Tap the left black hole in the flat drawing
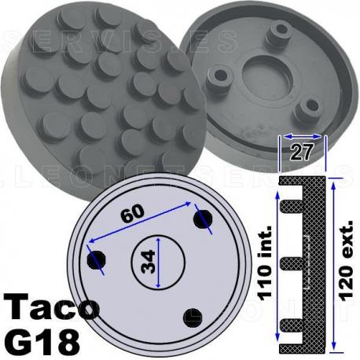(x=97, y=260)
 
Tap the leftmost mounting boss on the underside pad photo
(x=216, y=76)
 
